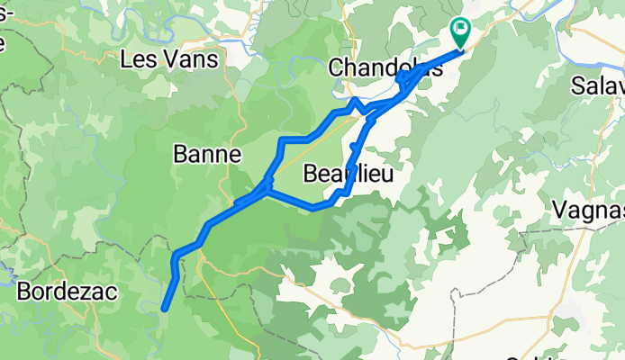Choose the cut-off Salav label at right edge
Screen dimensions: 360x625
click(598, 86)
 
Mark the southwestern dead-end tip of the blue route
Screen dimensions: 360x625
click(165, 310)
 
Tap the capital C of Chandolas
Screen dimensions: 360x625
click(336, 67)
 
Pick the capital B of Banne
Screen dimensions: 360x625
click(178, 155)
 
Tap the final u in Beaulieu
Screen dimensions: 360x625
click(387, 174)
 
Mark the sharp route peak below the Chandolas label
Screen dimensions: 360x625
click(356, 100)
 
